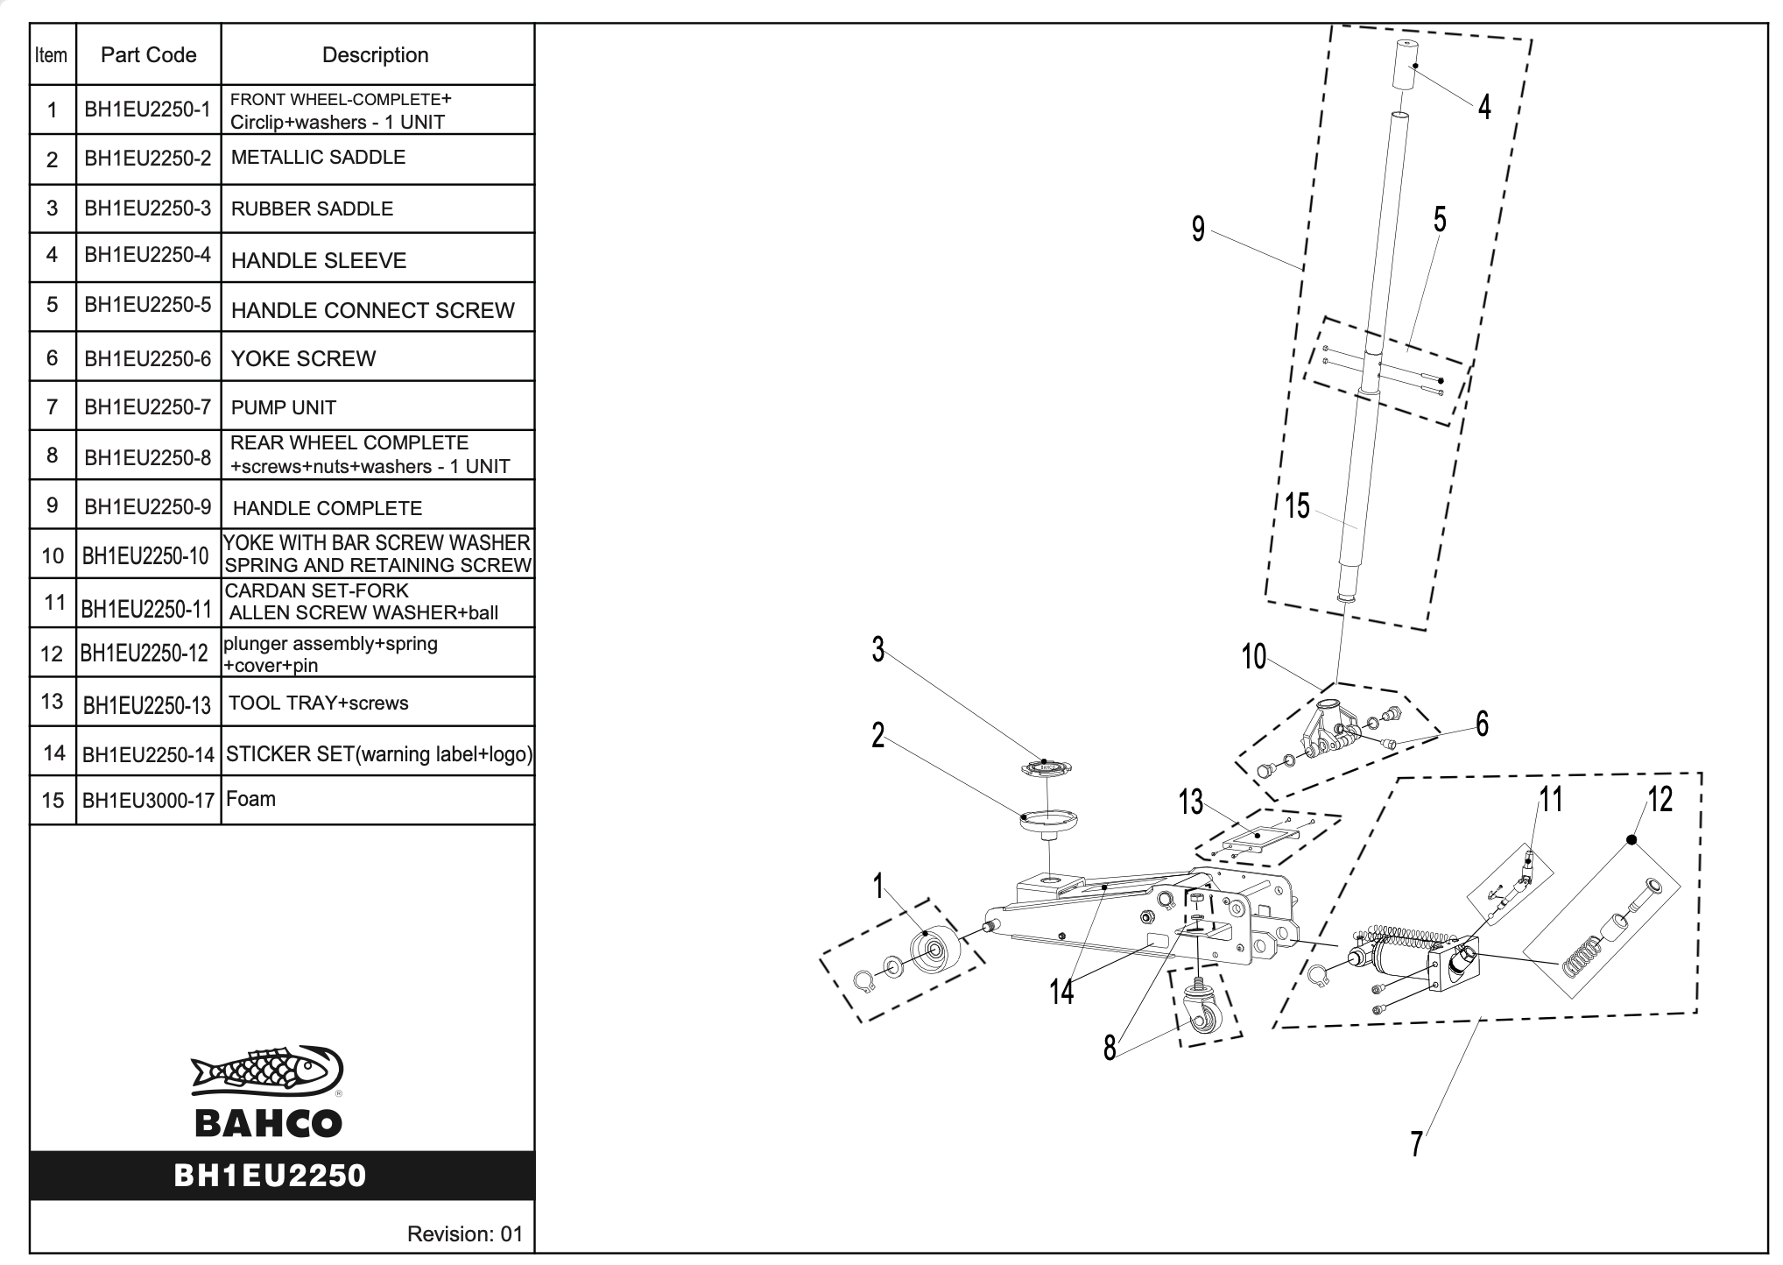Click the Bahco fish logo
point(267,1071)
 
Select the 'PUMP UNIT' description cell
point(283,407)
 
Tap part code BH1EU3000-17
point(148,800)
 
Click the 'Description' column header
point(375,55)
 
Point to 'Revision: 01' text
point(463,1234)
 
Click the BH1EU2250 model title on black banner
point(270,1176)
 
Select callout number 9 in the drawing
point(1198,230)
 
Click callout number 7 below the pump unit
point(1416,1144)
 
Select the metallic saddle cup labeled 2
point(1049,821)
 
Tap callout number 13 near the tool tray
point(1190,802)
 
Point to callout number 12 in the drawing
point(1660,799)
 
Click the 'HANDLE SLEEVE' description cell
point(318,260)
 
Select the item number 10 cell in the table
point(53,555)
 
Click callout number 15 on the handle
point(1297,505)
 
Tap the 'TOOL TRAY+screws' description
point(318,703)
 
